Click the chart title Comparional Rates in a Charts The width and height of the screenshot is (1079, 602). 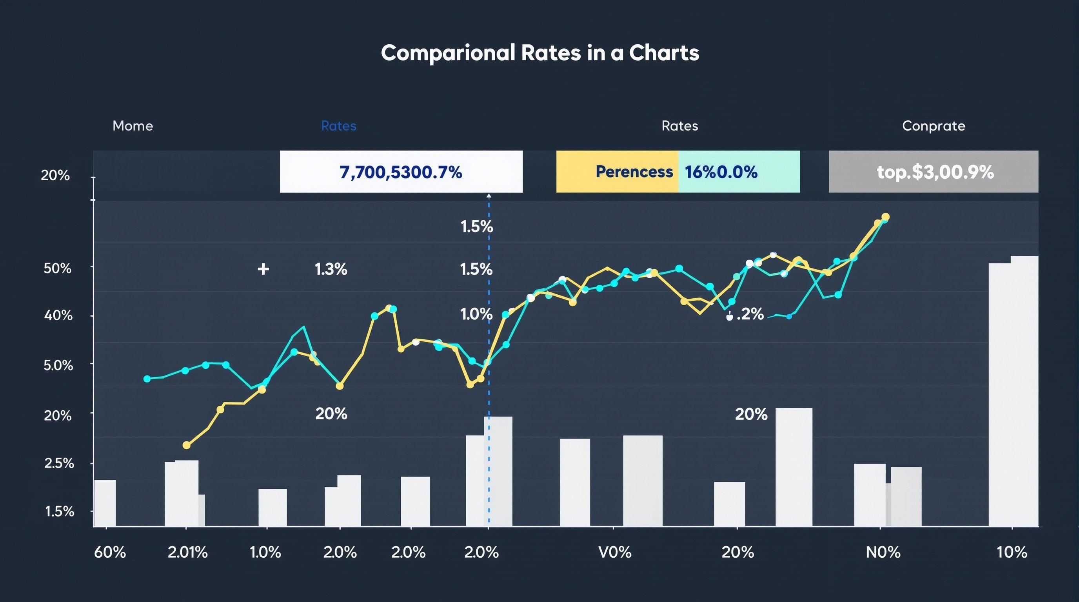pos(539,53)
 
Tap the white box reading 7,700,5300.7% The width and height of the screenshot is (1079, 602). pos(401,172)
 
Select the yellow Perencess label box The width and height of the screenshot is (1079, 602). pos(617,172)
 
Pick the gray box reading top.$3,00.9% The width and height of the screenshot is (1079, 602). pos(933,172)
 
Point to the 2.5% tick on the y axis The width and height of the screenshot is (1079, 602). pos(59,463)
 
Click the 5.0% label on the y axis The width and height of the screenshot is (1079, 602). pos(58,365)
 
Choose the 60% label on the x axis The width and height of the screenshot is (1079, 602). pos(110,553)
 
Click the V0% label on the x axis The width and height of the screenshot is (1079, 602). pos(614,553)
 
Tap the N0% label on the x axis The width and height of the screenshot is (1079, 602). pos(883,553)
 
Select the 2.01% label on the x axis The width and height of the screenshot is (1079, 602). pos(188,553)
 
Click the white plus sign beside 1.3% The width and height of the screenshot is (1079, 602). pos(263,269)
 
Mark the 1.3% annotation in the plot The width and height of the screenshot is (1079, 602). pos(331,269)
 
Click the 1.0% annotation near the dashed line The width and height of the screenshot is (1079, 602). pos(476,314)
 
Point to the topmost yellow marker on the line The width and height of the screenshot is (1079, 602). pos(885,217)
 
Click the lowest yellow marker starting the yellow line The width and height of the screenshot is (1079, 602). pos(186,445)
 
